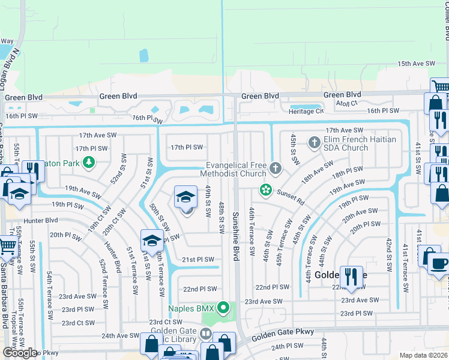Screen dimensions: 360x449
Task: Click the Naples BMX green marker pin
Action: tap(224, 309)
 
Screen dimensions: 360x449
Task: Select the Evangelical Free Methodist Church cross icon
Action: tap(276, 167)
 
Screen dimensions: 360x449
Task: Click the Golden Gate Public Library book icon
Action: tap(206, 333)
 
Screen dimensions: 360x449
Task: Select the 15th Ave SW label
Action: tap(415, 63)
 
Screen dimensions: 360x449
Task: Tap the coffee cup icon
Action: tap(439, 263)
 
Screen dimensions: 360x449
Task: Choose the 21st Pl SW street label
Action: tap(198, 259)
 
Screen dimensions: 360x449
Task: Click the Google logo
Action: tap(20, 353)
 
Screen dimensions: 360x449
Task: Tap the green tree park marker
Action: tap(89, 161)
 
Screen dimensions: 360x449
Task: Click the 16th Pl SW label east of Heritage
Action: tap(383, 110)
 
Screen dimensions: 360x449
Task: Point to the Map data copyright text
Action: tap(422, 355)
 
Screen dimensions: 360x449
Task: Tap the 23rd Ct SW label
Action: tap(165, 322)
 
